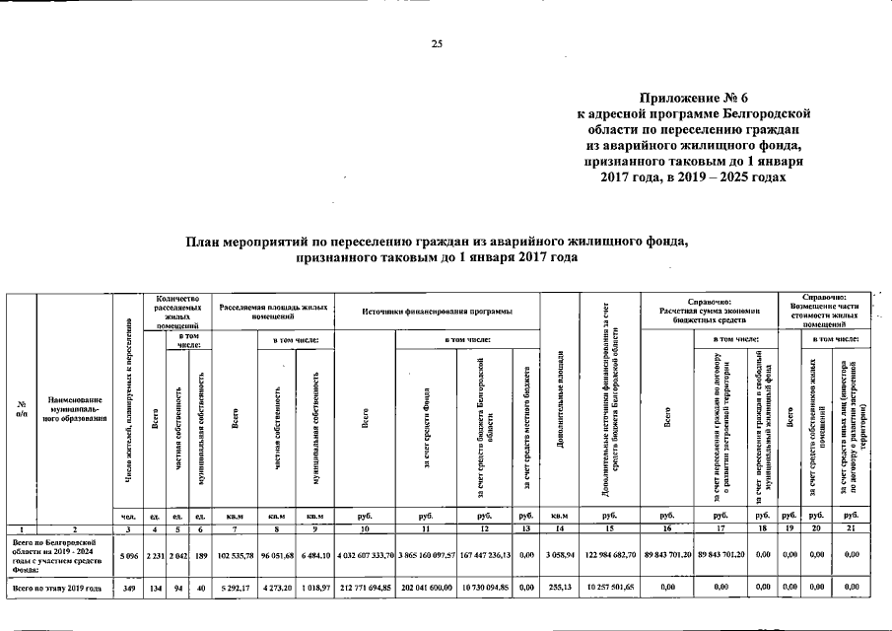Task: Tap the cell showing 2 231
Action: click(155, 556)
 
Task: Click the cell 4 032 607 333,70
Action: click(366, 556)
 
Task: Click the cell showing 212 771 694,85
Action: click(366, 589)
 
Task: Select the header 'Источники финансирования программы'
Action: click(439, 312)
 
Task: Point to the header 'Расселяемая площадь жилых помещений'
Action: click(275, 312)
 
